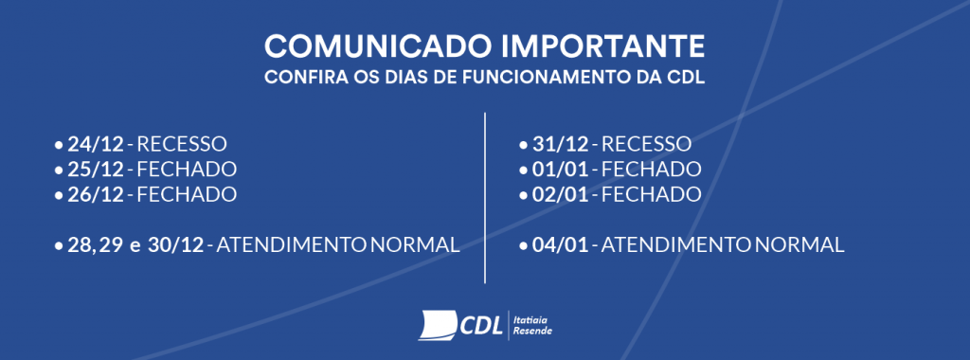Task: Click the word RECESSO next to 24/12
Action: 183,145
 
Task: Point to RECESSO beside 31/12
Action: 647,145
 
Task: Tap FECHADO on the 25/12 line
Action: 187,170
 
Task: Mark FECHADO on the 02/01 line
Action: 652,194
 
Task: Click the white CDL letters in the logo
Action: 480,324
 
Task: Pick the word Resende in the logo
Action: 531,331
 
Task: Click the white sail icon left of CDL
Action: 438,324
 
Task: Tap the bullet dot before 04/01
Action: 523,245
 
